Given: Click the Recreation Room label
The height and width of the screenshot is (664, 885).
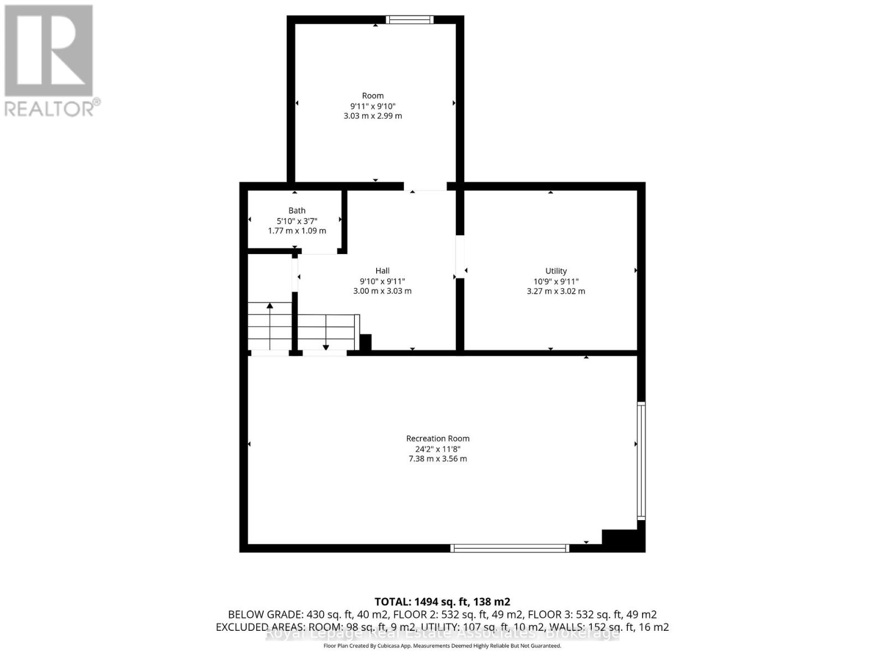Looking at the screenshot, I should pyautogui.click(x=438, y=438).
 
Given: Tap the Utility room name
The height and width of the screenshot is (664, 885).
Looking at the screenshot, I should pyautogui.click(x=556, y=271).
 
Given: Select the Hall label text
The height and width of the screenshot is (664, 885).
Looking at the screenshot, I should pyautogui.click(x=382, y=271).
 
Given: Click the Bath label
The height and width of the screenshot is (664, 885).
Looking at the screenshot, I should pyautogui.click(x=297, y=210).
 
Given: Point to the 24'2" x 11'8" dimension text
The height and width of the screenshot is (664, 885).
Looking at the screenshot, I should pyautogui.click(x=438, y=449).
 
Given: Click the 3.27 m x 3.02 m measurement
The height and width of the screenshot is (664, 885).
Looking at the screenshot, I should pyautogui.click(x=556, y=291).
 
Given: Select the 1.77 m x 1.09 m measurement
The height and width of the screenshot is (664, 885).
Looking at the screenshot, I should pyautogui.click(x=297, y=231).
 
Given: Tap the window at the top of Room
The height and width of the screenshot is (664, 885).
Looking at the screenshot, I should pyautogui.click(x=409, y=20).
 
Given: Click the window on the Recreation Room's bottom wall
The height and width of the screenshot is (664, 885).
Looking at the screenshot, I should pyautogui.click(x=509, y=548).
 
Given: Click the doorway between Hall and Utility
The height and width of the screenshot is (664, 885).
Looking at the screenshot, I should pyautogui.click(x=460, y=257).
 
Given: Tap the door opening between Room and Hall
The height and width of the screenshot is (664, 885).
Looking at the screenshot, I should pyautogui.click(x=425, y=187).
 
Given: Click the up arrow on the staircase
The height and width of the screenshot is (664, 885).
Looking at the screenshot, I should pyautogui.click(x=270, y=306).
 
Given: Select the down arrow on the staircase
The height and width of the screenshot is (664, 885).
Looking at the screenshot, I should pyautogui.click(x=326, y=347).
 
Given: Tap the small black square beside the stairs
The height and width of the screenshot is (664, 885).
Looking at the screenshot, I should pyautogui.click(x=366, y=341).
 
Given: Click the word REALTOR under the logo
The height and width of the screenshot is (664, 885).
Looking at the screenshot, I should pyautogui.click(x=49, y=108).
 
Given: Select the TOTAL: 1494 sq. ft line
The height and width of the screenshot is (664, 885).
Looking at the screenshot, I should pyautogui.click(x=442, y=601).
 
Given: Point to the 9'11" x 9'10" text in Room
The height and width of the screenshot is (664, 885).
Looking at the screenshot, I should pyautogui.click(x=373, y=106).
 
